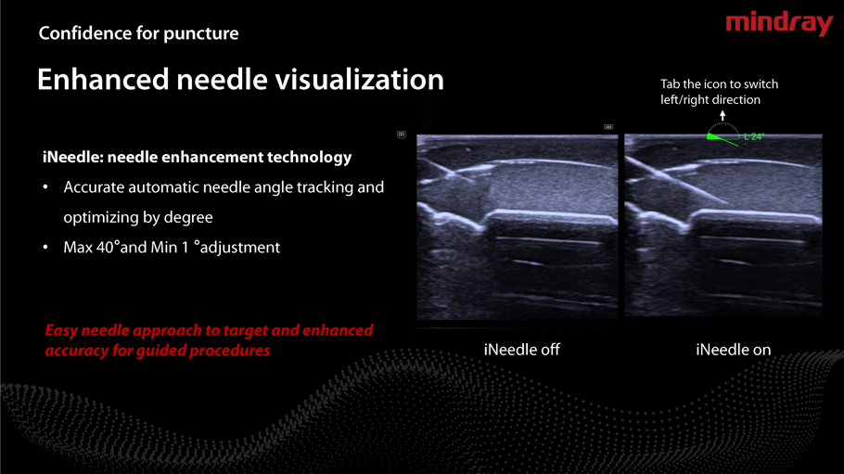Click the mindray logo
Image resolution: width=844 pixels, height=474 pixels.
click(x=779, y=24)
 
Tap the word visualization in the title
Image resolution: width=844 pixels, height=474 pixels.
click(x=360, y=80)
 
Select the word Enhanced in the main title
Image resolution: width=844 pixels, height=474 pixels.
click(x=103, y=80)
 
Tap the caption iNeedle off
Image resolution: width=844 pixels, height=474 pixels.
click(x=521, y=350)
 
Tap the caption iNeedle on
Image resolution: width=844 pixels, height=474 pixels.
click(x=733, y=350)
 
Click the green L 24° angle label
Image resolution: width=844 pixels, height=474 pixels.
click(x=753, y=136)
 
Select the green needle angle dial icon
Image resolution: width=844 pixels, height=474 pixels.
click(x=723, y=135)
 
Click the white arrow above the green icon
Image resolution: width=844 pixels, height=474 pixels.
click(x=723, y=115)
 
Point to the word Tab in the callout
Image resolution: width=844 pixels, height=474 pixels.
click(x=671, y=84)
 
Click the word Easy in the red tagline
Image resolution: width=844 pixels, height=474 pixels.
click(x=61, y=331)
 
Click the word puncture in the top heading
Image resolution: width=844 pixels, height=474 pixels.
click(x=200, y=34)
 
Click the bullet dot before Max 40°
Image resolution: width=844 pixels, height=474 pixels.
click(x=45, y=248)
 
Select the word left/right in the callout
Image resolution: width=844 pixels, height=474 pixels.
click(x=684, y=100)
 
